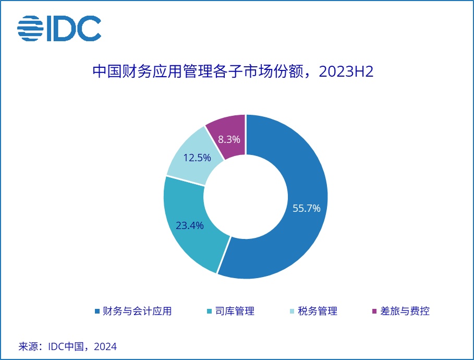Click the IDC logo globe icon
pyautogui.click(x=30, y=29)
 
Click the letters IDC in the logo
pyautogui.click(x=74, y=29)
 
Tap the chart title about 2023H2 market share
pyautogui.click(x=233, y=71)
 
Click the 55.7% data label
pyautogui.click(x=307, y=208)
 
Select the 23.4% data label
pyautogui.click(x=189, y=225)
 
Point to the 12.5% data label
pyautogui.click(x=197, y=158)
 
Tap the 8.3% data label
pyautogui.click(x=229, y=139)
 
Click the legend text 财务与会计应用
pyautogui.click(x=137, y=311)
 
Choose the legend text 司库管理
pyautogui.click(x=235, y=311)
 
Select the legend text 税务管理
pyautogui.click(x=318, y=311)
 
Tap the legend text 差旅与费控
pyautogui.click(x=405, y=311)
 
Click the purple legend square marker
pyautogui.click(x=374, y=311)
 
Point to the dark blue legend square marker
pyautogui.click(x=97, y=311)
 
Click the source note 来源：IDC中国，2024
pyautogui.click(x=68, y=346)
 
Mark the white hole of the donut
pyautogui.click(x=246, y=197)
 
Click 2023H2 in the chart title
pyautogui.click(x=346, y=71)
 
